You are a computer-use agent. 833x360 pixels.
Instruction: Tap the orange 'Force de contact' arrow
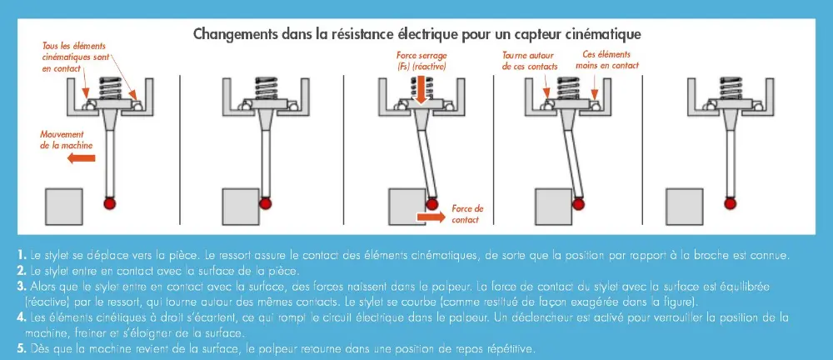430,215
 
